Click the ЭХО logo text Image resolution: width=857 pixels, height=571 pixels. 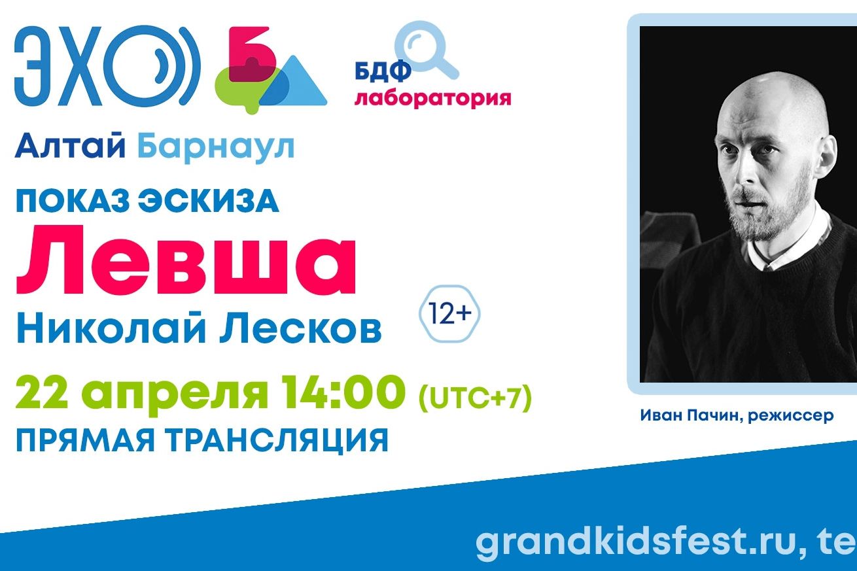[x=107, y=66]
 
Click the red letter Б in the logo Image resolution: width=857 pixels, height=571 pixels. [x=251, y=54]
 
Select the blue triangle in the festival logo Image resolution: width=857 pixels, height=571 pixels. [x=294, y=81]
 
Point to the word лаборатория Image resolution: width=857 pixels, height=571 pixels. [x=432, y=98]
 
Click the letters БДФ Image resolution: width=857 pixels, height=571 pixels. [x=383, y=72]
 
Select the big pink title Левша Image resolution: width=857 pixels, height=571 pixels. [x=186, y=260]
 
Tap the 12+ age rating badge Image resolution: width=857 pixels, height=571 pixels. [x=449, y=313]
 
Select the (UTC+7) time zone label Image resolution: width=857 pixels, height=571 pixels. [x=476, y=398]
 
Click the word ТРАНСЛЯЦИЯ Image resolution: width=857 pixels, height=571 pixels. [x=278, y=441]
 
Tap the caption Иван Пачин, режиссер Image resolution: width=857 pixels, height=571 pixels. [x=737, y=416]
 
